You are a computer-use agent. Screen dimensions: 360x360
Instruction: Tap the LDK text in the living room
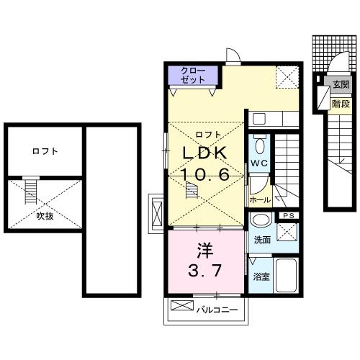coord(204,153)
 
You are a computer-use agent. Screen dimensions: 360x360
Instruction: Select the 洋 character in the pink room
coord(205,253)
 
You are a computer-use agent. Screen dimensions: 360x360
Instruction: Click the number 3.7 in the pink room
coord(206,272)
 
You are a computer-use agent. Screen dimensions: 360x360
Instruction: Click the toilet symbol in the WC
coord(261,145)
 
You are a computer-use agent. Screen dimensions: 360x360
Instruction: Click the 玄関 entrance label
coord(341,86)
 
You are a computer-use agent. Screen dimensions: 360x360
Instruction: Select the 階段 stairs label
coord(341,104)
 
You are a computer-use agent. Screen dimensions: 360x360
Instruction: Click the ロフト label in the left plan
coord(45,152)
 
